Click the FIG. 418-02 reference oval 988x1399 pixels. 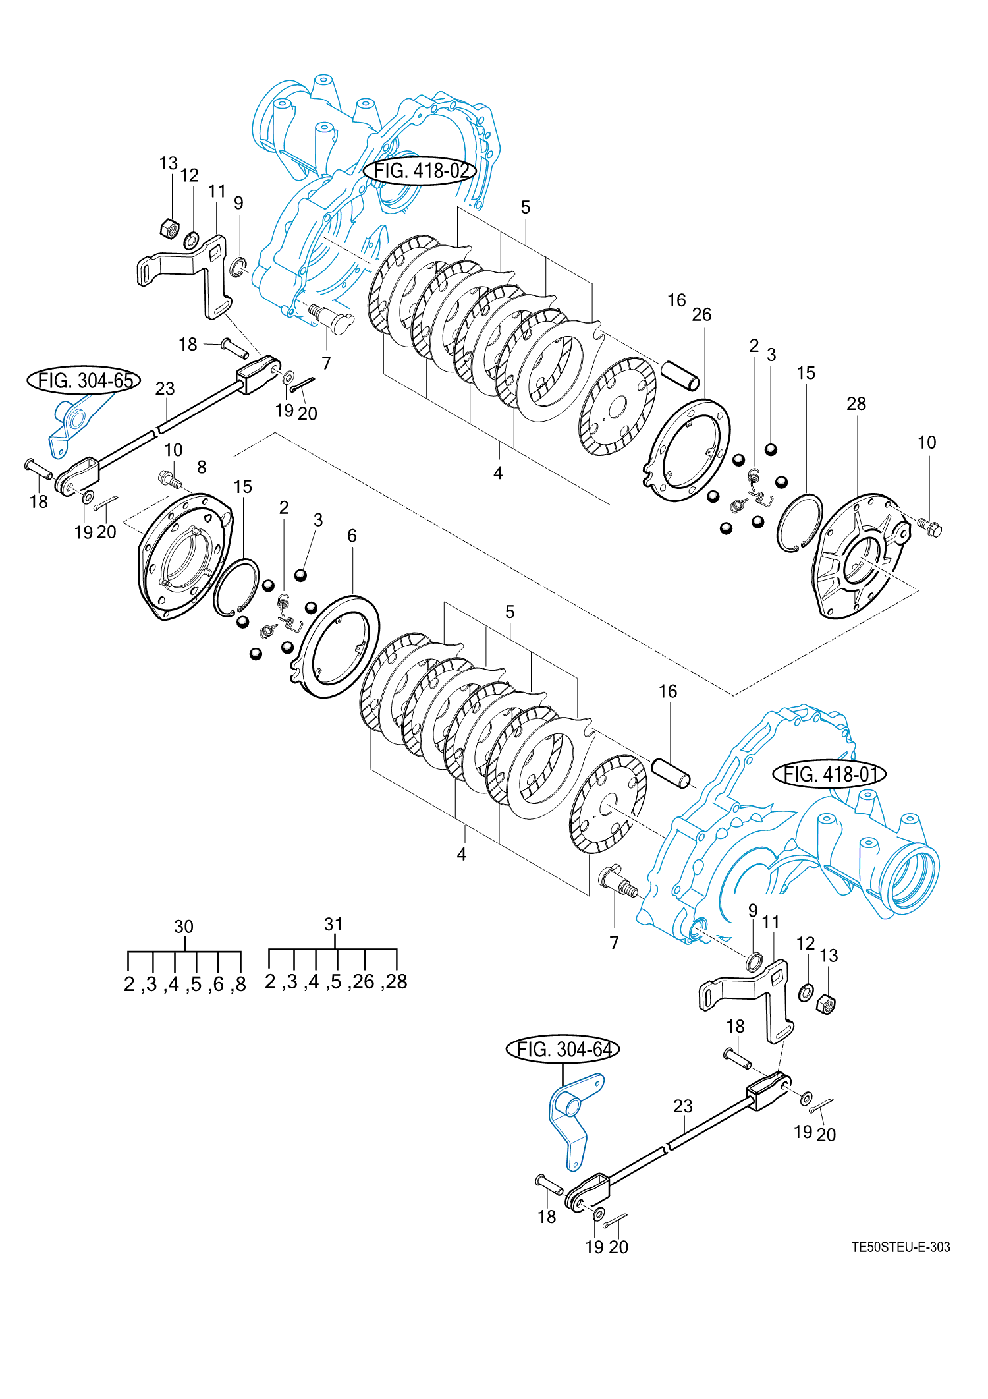[420, 171]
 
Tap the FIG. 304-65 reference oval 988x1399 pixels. [84, 380]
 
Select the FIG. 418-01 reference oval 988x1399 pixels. [829, 774]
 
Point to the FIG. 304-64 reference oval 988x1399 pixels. [563, 1048]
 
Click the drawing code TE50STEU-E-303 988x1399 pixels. [900, 1247]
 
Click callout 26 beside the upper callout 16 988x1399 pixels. [701, 315]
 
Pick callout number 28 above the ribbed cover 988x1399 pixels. [856, 403]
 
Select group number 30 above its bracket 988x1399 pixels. [184, 927]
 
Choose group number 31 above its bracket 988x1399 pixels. [333, 924]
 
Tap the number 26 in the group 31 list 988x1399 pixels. [364, 982]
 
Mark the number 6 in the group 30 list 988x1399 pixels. [219, 985]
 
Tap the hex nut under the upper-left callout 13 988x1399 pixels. [169, 228]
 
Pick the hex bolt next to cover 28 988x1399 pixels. [930, 527]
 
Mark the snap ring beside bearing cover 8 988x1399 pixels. [235, 587]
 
